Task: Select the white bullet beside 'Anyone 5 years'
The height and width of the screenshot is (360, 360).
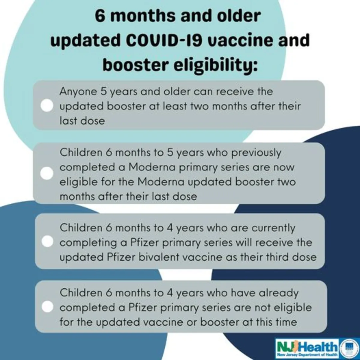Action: click(47, 105)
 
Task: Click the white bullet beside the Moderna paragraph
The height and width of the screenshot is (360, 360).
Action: click(47, 173)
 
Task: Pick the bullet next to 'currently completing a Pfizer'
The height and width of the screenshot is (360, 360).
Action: click(47, 241)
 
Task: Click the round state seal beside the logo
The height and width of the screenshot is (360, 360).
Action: click(348, 347)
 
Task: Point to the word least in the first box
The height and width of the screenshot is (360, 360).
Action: click(175, 106)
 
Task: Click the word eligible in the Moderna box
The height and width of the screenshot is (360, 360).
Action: click(79, 182)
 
